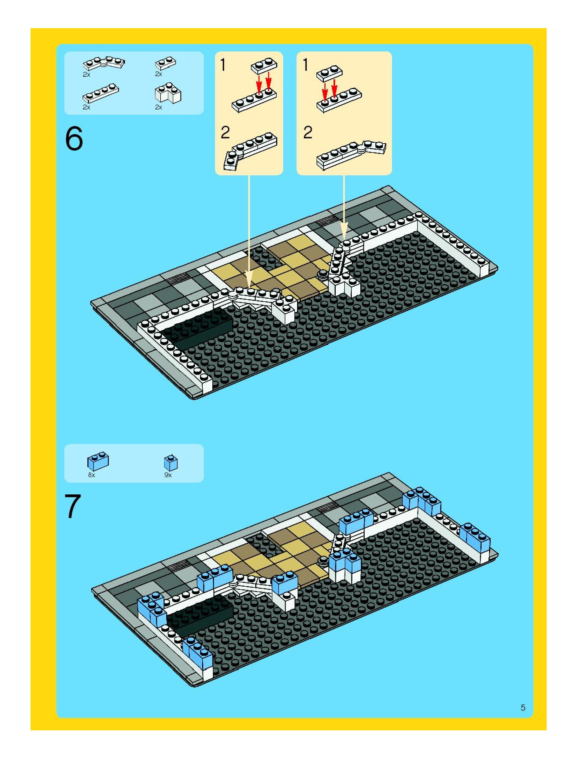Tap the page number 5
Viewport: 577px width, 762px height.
[x=523, y=708]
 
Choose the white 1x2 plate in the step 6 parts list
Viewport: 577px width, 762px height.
[x=165, y=63]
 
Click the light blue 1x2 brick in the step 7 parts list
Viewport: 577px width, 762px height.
[x=98, y=461]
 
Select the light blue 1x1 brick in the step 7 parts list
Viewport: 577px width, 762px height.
[x=171, y=463]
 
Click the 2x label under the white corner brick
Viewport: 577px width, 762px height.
[x=158, y=107]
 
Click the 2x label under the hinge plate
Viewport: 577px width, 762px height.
[x=86, y=74]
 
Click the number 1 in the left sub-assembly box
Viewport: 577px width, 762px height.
[x=223, y=65]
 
